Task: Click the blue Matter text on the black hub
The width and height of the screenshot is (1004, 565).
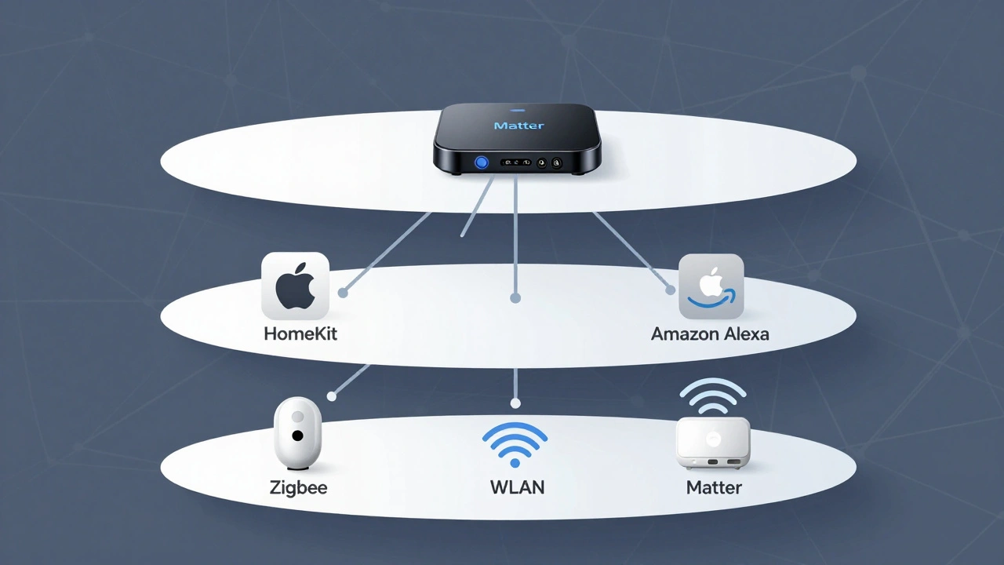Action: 518,126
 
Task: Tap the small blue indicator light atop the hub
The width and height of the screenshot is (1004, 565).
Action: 517,110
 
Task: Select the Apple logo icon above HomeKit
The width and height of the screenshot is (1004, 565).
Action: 295,286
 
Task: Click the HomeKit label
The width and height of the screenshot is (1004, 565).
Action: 300,334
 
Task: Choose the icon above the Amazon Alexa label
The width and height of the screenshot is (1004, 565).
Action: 711,286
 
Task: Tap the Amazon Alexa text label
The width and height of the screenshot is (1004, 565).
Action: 710,334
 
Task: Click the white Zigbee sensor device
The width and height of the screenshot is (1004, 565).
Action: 298,434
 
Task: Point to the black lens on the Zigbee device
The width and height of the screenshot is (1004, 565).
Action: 298,435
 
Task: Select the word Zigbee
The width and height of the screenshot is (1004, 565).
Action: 298,487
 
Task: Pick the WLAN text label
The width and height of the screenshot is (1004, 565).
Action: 517,487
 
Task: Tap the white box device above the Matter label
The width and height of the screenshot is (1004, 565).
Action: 712,442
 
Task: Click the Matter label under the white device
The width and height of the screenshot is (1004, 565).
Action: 714,487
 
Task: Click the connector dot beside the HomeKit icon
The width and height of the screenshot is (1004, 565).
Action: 343,293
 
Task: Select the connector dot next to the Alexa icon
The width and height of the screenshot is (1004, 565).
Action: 671,290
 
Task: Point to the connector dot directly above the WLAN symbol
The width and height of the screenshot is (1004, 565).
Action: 515,403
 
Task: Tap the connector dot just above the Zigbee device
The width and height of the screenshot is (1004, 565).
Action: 332,397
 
